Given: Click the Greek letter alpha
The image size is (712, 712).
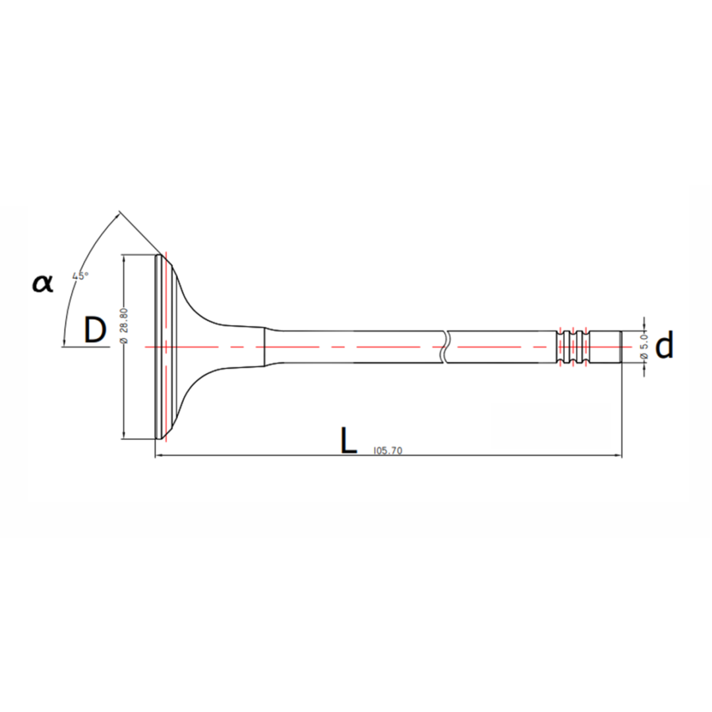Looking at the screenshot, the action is tap(43, 283).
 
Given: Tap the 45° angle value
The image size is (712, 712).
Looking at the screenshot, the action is tap(80, 276).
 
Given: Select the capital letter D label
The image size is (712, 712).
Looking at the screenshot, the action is tap(95, 330).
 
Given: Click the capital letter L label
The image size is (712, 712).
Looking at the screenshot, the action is tap(348, 440).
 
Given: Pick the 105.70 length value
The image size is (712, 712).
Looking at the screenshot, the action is tap(388, 450).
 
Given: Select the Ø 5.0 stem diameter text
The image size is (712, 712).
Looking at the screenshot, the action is tap(645, 347).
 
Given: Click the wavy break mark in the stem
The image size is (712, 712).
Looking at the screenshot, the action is tap(444, 347).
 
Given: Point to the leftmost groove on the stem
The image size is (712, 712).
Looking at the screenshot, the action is tap(560, 347).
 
